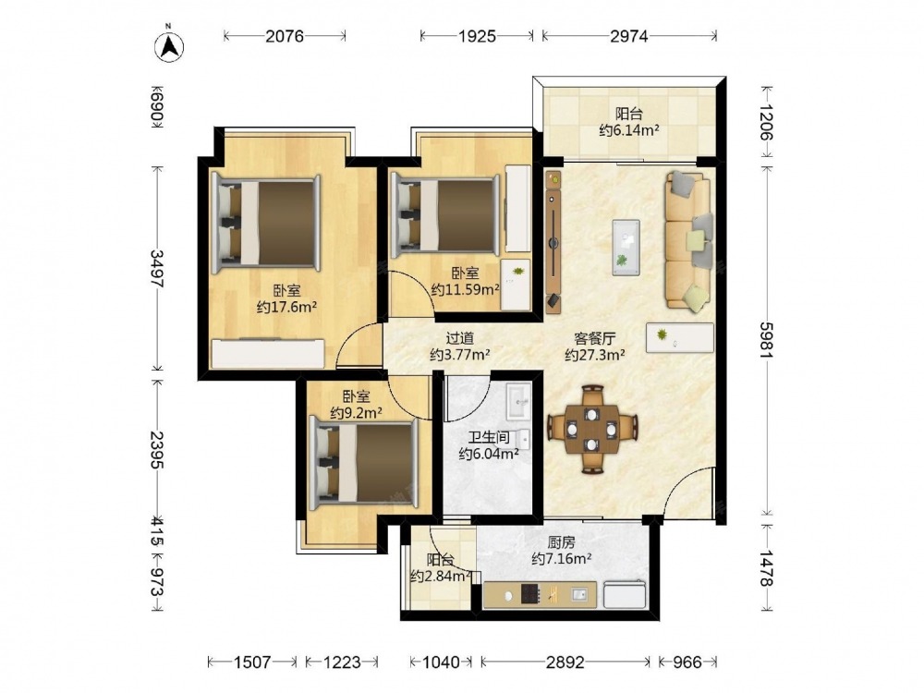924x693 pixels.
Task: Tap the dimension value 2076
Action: (x=285, y=37)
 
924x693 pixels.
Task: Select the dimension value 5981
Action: (x=765, y=339)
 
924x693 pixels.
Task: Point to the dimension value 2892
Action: (x=565, y=663)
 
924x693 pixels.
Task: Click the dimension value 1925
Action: (x=478, y=37)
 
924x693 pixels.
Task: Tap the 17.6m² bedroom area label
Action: (x=287, y=307)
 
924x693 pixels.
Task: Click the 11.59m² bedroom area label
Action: (x=465, y=289)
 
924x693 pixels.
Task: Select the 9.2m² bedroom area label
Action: (x=356, y=412)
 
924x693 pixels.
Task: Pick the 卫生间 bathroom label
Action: (x=489, y=437)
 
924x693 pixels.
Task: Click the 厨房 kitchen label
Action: (x=561, y=542)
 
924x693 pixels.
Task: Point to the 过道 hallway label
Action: (x=459, y=338)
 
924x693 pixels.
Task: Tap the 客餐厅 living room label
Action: (x=595, y=338)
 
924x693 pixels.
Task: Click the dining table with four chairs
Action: (x=592, y=429)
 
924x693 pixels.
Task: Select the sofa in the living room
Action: (x=689, y=240)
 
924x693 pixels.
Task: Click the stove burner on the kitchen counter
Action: (x=530, y=593)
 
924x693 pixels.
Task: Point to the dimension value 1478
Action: (x=765, y=568)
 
